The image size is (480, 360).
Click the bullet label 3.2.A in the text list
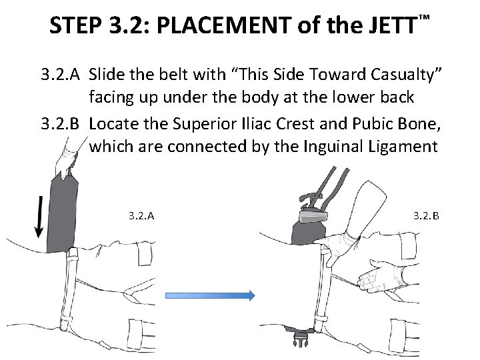coord(61,73)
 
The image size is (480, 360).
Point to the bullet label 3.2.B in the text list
coord(61,123)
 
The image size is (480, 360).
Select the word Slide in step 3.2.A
coord(110,73)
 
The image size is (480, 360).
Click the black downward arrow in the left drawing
coord(39,217)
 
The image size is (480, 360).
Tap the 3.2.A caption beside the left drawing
coord(141,215)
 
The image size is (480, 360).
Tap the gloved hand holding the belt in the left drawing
coord(69,160)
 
